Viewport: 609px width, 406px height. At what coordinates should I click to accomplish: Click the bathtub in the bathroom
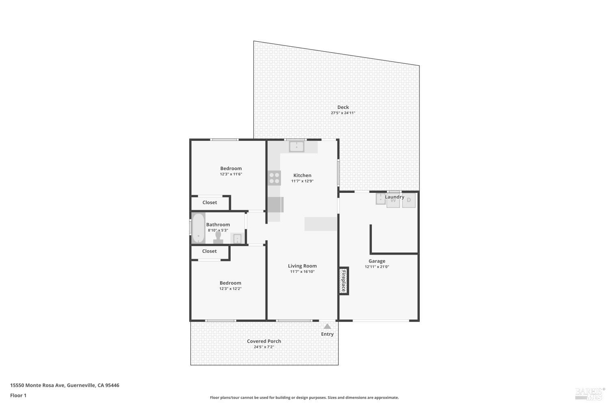tap(198, 228)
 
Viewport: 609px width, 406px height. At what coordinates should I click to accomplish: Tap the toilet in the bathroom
tap(218, 237)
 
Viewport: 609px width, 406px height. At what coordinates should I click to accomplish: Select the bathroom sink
tap(236, 238)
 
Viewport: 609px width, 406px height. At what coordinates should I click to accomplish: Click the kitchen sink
tap(296, 146)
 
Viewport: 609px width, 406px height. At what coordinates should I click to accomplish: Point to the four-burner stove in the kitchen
tap(274, 178)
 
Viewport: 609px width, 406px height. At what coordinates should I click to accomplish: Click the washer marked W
tap(393, 201)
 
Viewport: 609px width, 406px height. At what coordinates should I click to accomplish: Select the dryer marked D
tap(409, 200)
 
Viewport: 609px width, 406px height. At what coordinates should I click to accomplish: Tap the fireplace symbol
tap(343, 281)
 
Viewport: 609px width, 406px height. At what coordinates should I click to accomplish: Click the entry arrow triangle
tap(327, 326)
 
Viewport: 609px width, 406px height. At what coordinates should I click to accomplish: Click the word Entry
tap(327, 334)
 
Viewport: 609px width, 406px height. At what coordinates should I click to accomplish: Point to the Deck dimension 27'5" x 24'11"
tap(343, 113)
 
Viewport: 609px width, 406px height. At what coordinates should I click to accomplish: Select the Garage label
tap(377, 261)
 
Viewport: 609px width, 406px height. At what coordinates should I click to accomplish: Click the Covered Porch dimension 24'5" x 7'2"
tap(264, 347)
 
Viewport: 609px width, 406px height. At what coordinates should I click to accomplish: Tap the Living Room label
tap(302, 266)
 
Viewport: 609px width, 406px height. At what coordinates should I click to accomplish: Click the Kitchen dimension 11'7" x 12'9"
tap(302, 181)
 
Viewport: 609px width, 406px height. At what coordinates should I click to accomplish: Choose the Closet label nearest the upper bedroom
tap(209, 203)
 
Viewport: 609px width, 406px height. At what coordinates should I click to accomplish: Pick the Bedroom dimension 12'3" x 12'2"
tap(230, 289)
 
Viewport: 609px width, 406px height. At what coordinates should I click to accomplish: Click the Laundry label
tap(394, 197)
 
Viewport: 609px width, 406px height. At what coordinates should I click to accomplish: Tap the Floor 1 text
tap(18, 395)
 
